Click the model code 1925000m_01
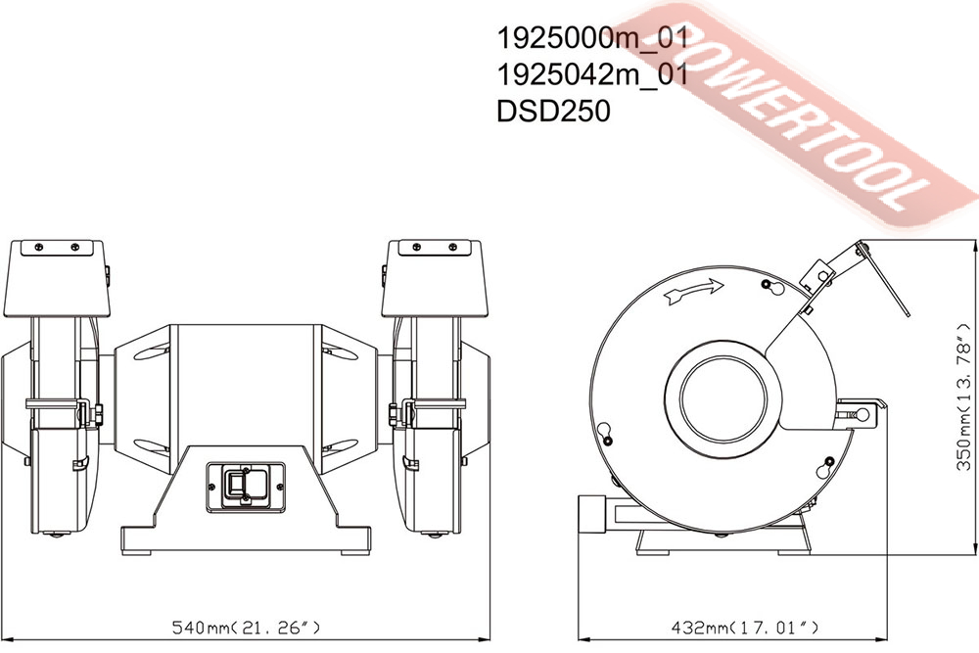592,38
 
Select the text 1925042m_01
592,75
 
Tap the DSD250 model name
553,112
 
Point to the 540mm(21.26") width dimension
246,627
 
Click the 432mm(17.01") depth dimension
744,627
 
